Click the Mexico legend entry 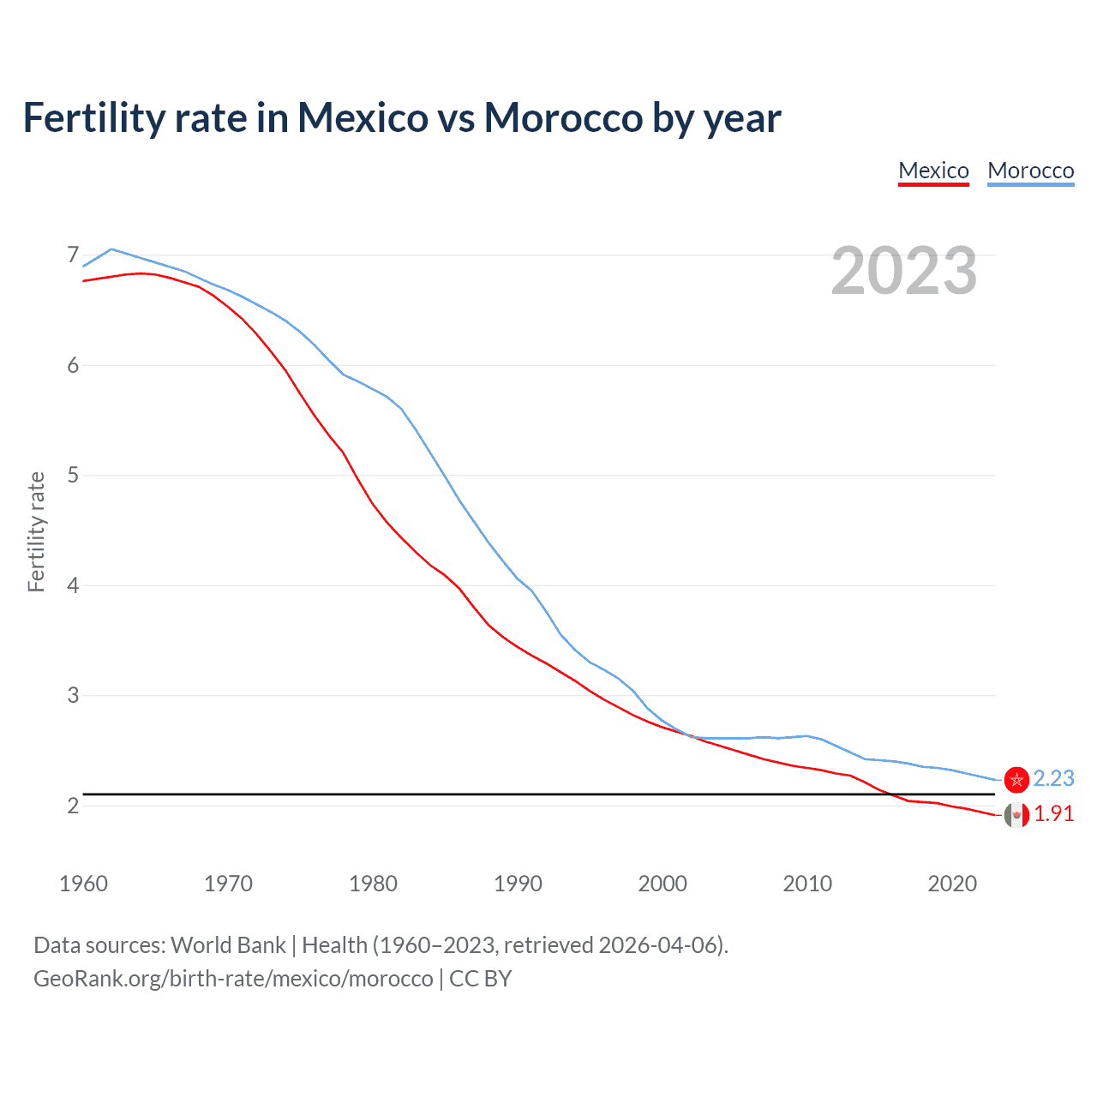tap(933, 171)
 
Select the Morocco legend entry tap(1030, 171)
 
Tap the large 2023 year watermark tap(903, 271)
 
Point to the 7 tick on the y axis tap(73, 255)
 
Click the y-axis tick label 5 tap(73, 476)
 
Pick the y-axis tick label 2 tap(73, 806)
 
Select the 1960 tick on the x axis tap(83, 884)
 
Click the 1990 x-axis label tap(518, 884)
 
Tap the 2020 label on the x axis tap(952, 884)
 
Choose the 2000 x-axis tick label tap(662, 884)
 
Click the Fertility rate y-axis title tap(36, 531)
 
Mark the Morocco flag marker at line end tap(1016, 779)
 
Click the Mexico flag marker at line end tap(1016, 815)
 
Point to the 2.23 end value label tap(1053, 778)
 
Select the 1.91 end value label tap(1053, 814)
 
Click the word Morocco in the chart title tap(563, 117)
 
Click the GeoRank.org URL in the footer tap(233, 979)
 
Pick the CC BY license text tap(480, 979)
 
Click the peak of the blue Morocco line tap(111, 249)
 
